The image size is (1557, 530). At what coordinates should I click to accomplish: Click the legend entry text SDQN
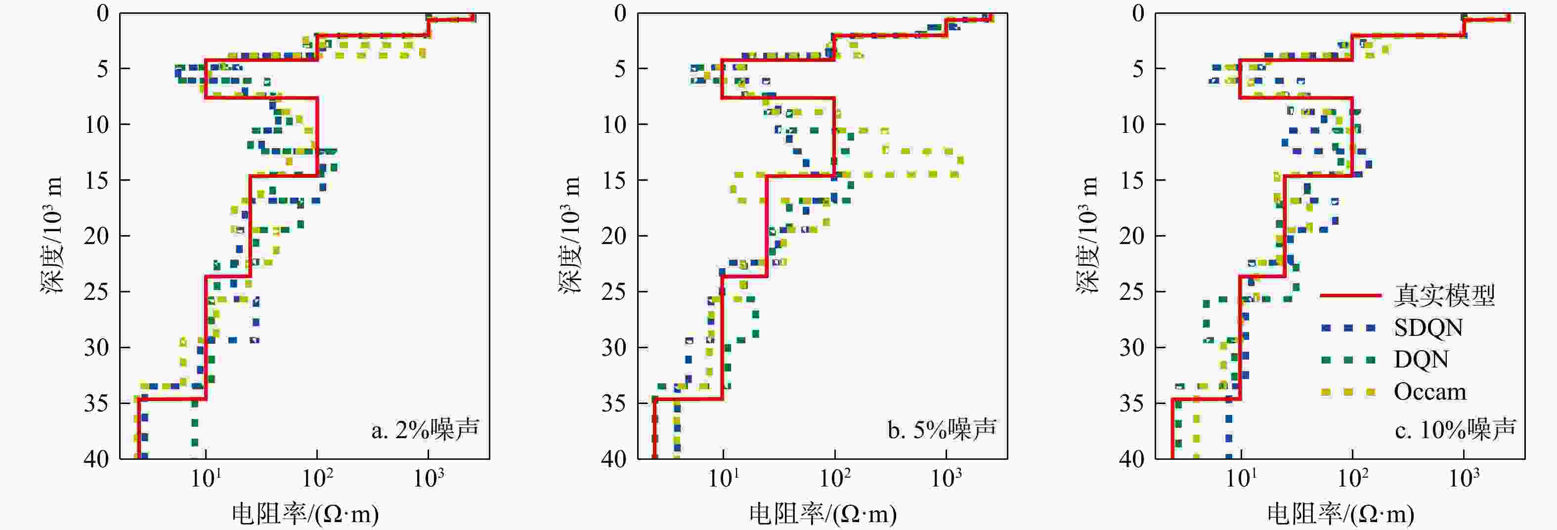tap(1428, 328)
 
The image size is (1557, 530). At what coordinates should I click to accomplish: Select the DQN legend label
tap(1421, 360)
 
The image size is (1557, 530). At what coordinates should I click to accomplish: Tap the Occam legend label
tap(1430, 392)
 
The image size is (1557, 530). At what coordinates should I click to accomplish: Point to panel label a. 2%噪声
tap(425, 430)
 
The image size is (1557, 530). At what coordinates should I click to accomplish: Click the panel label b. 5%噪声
tap(942, 430)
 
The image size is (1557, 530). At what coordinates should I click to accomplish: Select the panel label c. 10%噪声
tap(1456, 430)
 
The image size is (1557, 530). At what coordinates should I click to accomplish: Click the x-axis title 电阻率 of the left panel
tap(306, 514)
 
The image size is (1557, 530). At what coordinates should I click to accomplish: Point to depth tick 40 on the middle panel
tap(614, 459)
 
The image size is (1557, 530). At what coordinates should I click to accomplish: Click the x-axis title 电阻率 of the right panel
tap(1341, 514)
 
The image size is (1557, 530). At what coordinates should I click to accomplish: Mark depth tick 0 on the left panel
tap(103, 13)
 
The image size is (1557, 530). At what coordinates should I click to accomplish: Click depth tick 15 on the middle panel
tap(614, 181)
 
